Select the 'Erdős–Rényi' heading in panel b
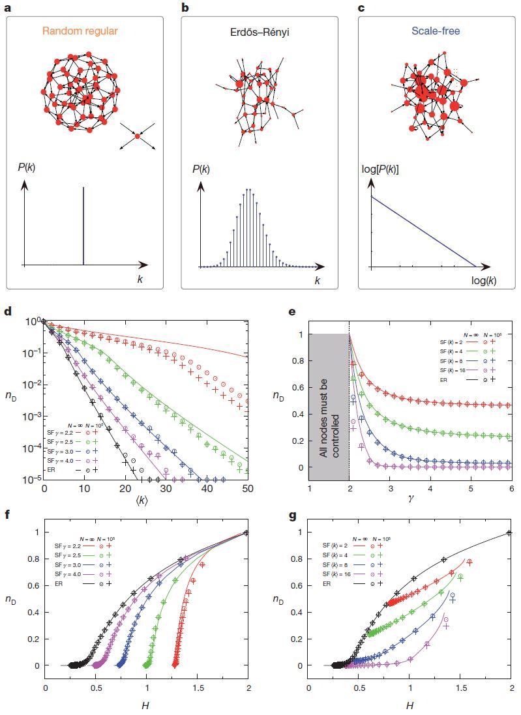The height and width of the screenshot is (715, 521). click(259, 31)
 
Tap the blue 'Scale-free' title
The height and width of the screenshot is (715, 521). click(436, 31)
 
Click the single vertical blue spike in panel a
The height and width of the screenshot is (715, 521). click(83, 227)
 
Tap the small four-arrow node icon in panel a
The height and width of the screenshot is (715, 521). click(138, 136)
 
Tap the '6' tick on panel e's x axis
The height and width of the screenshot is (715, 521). click(511, 488)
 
